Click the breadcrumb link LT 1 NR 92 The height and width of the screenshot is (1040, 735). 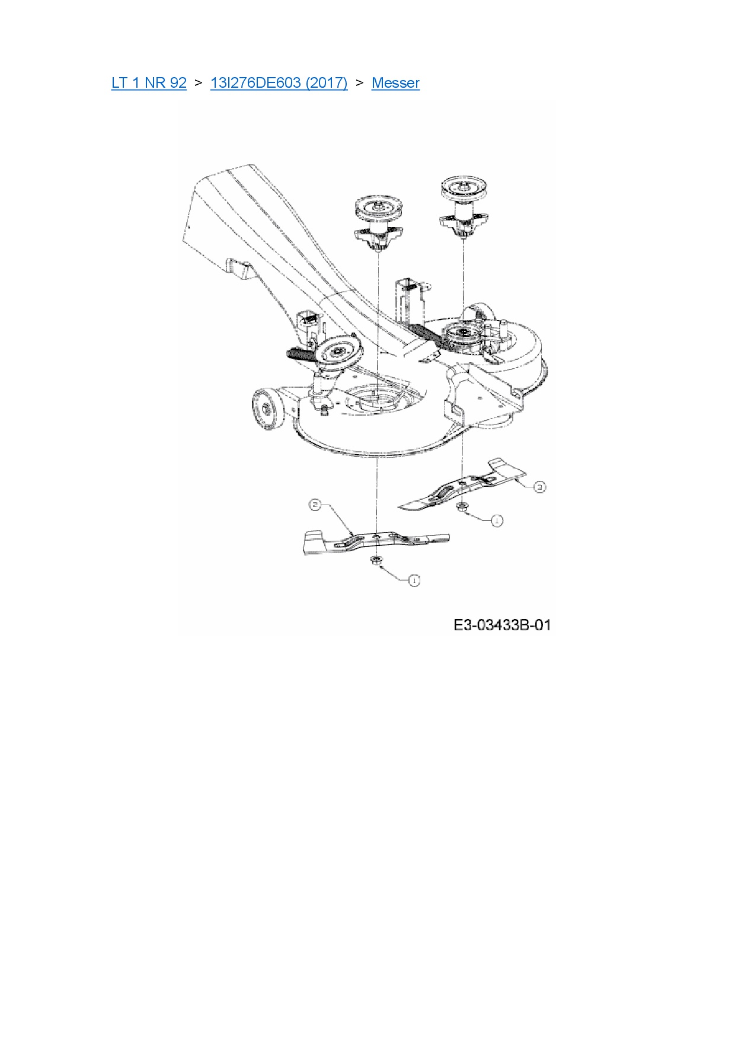point(149,83)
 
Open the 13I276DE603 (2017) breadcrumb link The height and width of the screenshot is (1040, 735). point(279,83)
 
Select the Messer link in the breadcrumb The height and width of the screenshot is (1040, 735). point(395,83)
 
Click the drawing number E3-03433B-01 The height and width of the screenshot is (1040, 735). point(502,625)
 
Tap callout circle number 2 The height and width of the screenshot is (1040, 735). point(315,505)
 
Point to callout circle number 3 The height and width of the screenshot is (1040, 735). point(539,487)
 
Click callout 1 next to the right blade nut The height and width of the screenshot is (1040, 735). point(497,521)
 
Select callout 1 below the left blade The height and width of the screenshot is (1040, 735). point(414,580)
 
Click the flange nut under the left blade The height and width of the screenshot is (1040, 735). point(376,560)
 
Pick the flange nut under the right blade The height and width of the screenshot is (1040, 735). point(461,507)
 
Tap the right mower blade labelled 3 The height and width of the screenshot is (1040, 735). point(462,486)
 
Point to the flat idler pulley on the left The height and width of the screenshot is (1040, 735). point(337,351)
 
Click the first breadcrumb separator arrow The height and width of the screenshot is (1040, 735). point(198,83)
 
